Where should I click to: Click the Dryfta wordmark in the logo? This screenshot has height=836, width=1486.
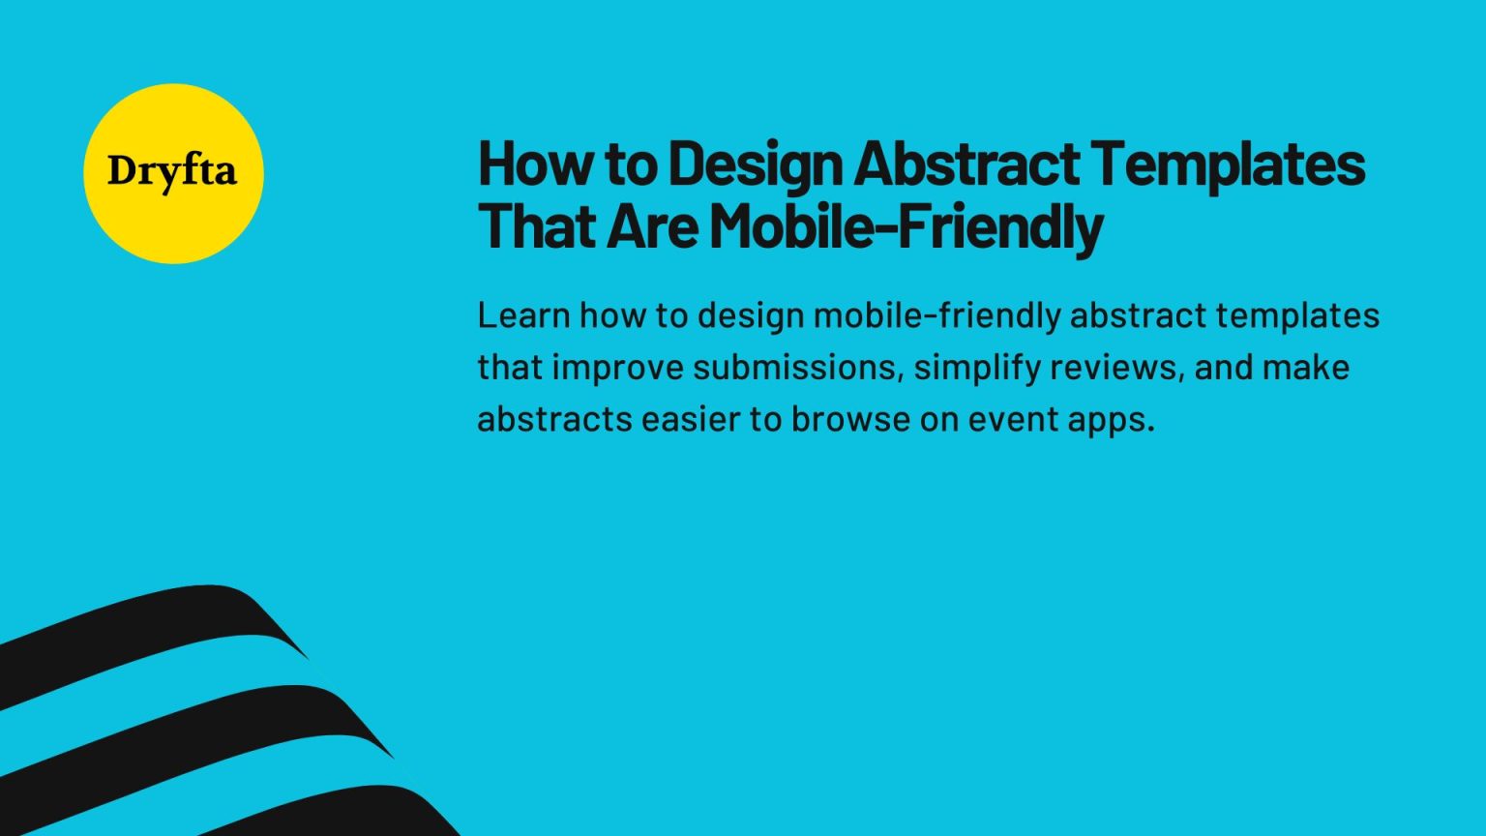172,172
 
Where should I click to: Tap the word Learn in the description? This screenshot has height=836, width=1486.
523,315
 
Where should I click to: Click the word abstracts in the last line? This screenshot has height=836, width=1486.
553,419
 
